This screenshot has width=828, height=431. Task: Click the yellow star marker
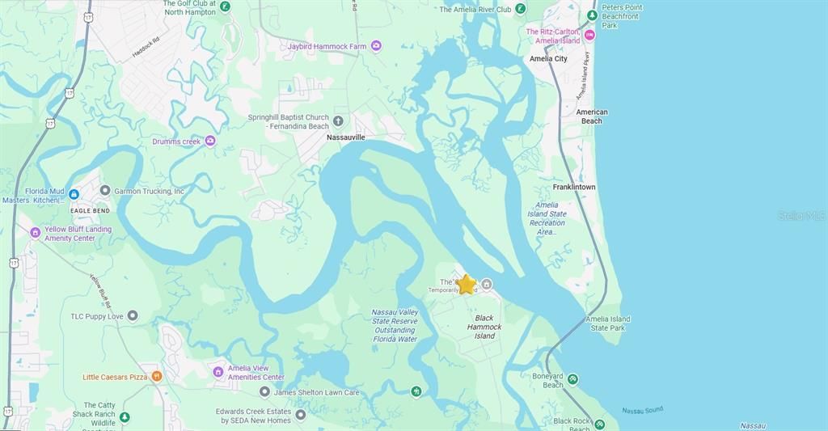(x=467, y=285)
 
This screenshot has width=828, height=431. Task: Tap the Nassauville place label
(x=345, y=137)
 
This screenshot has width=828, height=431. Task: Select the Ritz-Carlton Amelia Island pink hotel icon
(x=589, y=35)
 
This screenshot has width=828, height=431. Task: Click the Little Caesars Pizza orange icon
(x=157, y=376)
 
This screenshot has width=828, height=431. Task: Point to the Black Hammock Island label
(x=484, y=327)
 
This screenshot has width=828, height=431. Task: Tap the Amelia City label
(x=548, y=59)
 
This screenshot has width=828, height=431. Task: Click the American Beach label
(x=592, y=116)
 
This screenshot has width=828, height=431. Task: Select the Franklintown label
(x=574, y=187)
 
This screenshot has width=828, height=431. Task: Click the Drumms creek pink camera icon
(x=210, y=141)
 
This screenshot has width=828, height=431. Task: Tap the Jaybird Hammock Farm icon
(x=376, y=46)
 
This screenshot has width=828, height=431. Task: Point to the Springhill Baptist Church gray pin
(x=338, y=121)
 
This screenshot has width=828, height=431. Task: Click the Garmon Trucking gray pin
(x=105, y=191)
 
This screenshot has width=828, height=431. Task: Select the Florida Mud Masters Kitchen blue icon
(x=74, y=194)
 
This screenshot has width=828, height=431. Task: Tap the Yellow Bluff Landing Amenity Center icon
(x=35, y=233)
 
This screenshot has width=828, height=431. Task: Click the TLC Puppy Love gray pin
(x=133, y=315)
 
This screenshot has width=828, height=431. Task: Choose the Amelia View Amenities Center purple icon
(x=218, y=372)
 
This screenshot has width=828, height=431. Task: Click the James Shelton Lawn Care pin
(x=264, y=392)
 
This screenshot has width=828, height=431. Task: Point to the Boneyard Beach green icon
(x=572, y=379)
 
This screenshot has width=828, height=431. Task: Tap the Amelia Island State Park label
(x=610, y=323)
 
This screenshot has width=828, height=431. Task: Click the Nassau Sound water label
(x=642, y=411)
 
